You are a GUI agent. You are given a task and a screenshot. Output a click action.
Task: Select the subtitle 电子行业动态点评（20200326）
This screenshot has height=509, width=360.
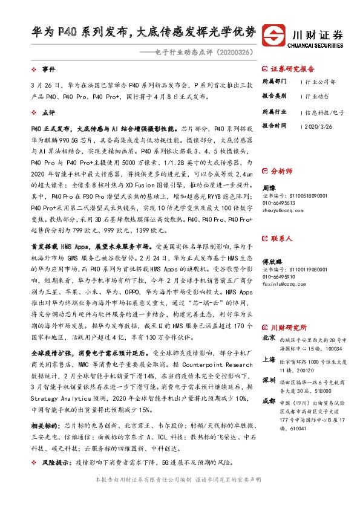point(200,51)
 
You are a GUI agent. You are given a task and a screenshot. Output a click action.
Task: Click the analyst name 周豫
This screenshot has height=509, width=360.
point(269,189)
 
